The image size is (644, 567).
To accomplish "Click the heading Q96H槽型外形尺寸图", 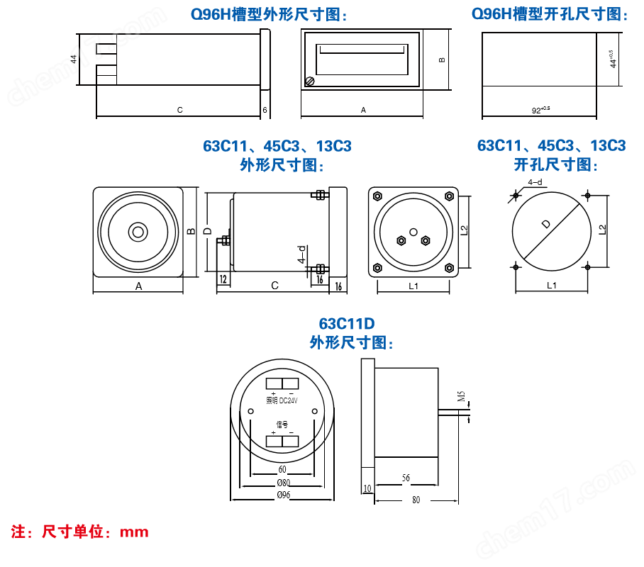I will tap(270, 13).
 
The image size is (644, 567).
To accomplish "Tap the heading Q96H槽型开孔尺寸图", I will tap(550, 13).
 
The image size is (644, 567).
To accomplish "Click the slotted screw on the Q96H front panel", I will tap(309, 82).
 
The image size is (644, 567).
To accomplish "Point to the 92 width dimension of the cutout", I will tap(540, 110).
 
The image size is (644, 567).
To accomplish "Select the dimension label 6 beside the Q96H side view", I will tap(265, 110).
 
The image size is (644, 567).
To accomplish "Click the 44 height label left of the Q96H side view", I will tap(74, 59).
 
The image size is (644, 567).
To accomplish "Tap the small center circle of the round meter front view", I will tap(138, 232).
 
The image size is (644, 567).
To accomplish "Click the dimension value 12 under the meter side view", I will tap(223, 279).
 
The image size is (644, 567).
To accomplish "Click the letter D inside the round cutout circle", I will tap(545, 224).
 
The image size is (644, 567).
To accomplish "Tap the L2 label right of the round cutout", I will tap(602, 230).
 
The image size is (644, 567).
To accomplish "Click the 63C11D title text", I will tap(346, 324).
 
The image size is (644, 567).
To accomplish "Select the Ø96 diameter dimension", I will tap(283, 495).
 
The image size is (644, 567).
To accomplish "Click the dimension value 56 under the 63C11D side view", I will tap(406, 478).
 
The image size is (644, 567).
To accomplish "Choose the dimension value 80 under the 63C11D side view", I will tap(416, 500).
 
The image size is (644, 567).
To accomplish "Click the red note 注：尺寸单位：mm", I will tap(80, 531).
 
